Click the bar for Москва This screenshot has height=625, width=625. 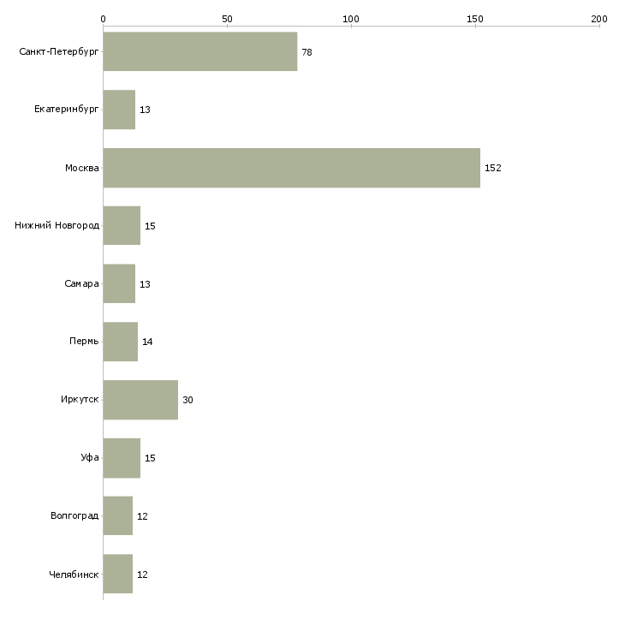tap(292, 168)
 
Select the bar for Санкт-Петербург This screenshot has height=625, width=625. tap(200, 51)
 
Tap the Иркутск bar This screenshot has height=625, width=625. tap(140, 400)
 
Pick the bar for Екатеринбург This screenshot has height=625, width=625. tap(119, 110)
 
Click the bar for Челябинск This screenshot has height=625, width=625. tap(118, 574)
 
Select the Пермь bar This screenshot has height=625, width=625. tap(121, 342)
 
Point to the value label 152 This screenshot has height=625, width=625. tap(492, 168)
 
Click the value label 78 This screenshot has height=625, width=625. tap(307, 52)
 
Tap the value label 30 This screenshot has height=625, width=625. tap(187, 400)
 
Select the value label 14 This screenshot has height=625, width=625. tap(147, 342)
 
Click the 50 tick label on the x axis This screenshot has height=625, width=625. tap(227, 19)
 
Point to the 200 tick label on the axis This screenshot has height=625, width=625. tap(599, 19)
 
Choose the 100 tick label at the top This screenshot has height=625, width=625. tap(351, 19)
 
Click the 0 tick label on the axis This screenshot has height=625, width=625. tap(104, 19)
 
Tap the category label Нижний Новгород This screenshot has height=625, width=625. tap(57, 226)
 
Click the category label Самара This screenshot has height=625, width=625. tap(81, 283)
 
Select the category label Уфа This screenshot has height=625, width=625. tap(90, 457)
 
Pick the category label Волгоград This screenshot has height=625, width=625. tap(74, 515)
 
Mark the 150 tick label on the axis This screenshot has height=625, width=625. tap(475, 19)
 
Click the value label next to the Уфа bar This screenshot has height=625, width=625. tap(150, 458)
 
